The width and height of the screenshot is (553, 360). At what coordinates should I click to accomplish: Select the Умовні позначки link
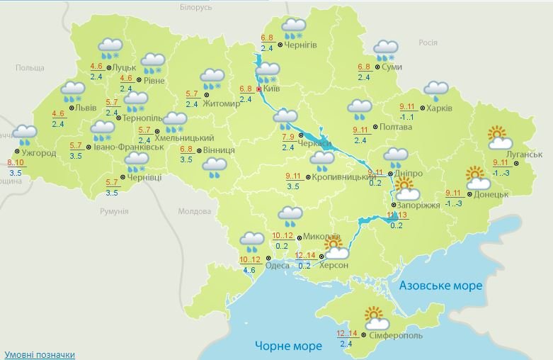coord(39,354)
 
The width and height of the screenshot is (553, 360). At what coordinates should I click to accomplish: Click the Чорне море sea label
coord(288,346)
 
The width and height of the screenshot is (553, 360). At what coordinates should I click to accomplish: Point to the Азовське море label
coord(440,285)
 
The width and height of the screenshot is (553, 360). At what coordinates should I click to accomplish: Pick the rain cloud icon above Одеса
coord(252,242)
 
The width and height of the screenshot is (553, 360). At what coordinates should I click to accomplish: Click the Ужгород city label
coord(39,152)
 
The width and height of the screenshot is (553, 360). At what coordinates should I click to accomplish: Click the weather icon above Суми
coord(386,50)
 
